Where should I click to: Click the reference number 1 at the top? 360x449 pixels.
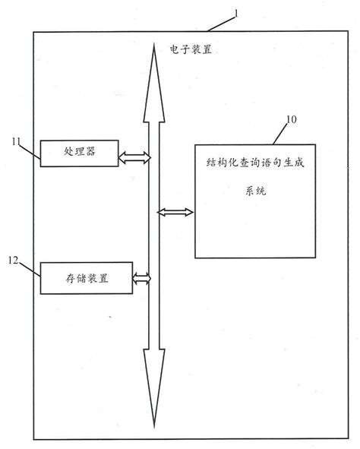[x=235, y=13]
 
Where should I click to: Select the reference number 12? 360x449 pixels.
[x=14, y=260]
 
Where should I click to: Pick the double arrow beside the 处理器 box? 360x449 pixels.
[x=134, y=157]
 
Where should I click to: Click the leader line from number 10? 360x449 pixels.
[x=278, y=134]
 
